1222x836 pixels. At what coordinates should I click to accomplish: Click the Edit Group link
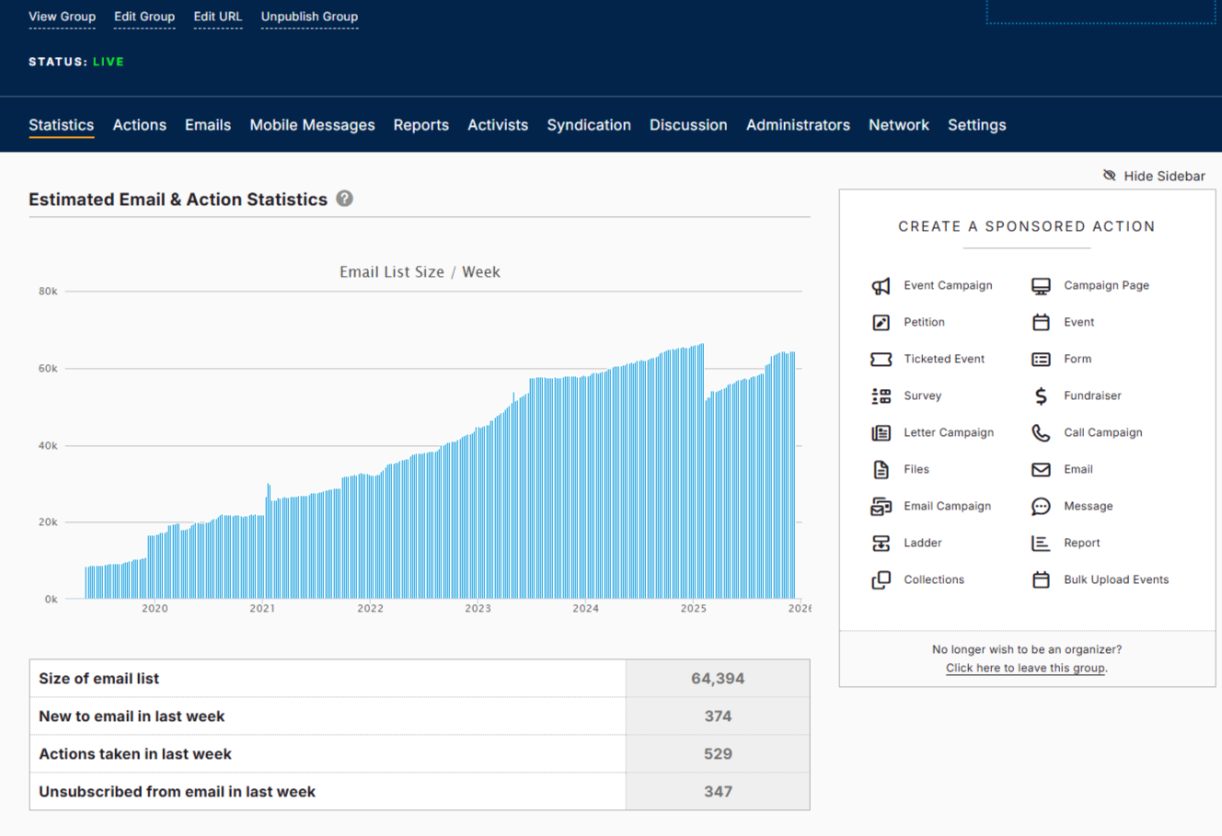click(144, 17)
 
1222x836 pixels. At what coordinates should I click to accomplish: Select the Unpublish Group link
click(309, 17)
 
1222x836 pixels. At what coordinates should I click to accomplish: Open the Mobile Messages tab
click(312, 125)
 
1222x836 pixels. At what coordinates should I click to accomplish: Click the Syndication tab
click(588, 125)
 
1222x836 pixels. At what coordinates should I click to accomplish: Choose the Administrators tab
click(798, 125)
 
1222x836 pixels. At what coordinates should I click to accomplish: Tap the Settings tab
click(976, 125)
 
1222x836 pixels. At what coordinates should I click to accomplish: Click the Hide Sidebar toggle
click(1154, 176)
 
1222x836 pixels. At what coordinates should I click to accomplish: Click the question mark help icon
click(344, 199)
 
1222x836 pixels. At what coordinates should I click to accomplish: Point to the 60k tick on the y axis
click(48, 369)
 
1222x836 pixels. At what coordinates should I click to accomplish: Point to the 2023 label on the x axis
click(478, 609)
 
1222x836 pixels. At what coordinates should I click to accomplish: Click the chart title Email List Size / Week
click(420, 272)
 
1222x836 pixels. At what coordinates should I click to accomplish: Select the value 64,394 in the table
click(718, 679)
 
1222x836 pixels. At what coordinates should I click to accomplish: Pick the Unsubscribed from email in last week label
click(177, 792)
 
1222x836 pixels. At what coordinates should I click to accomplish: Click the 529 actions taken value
click(718, 754)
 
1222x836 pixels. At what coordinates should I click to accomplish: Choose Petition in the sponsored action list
click(924, 322)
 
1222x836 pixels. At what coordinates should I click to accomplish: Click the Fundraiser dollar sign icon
click(1041, 395)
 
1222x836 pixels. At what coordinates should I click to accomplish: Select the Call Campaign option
click(1102, 432)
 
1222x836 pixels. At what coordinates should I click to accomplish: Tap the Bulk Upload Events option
click(1115, 579)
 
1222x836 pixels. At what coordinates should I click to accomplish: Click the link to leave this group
click(1025, 669)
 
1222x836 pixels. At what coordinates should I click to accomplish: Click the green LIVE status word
click(109, 62)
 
